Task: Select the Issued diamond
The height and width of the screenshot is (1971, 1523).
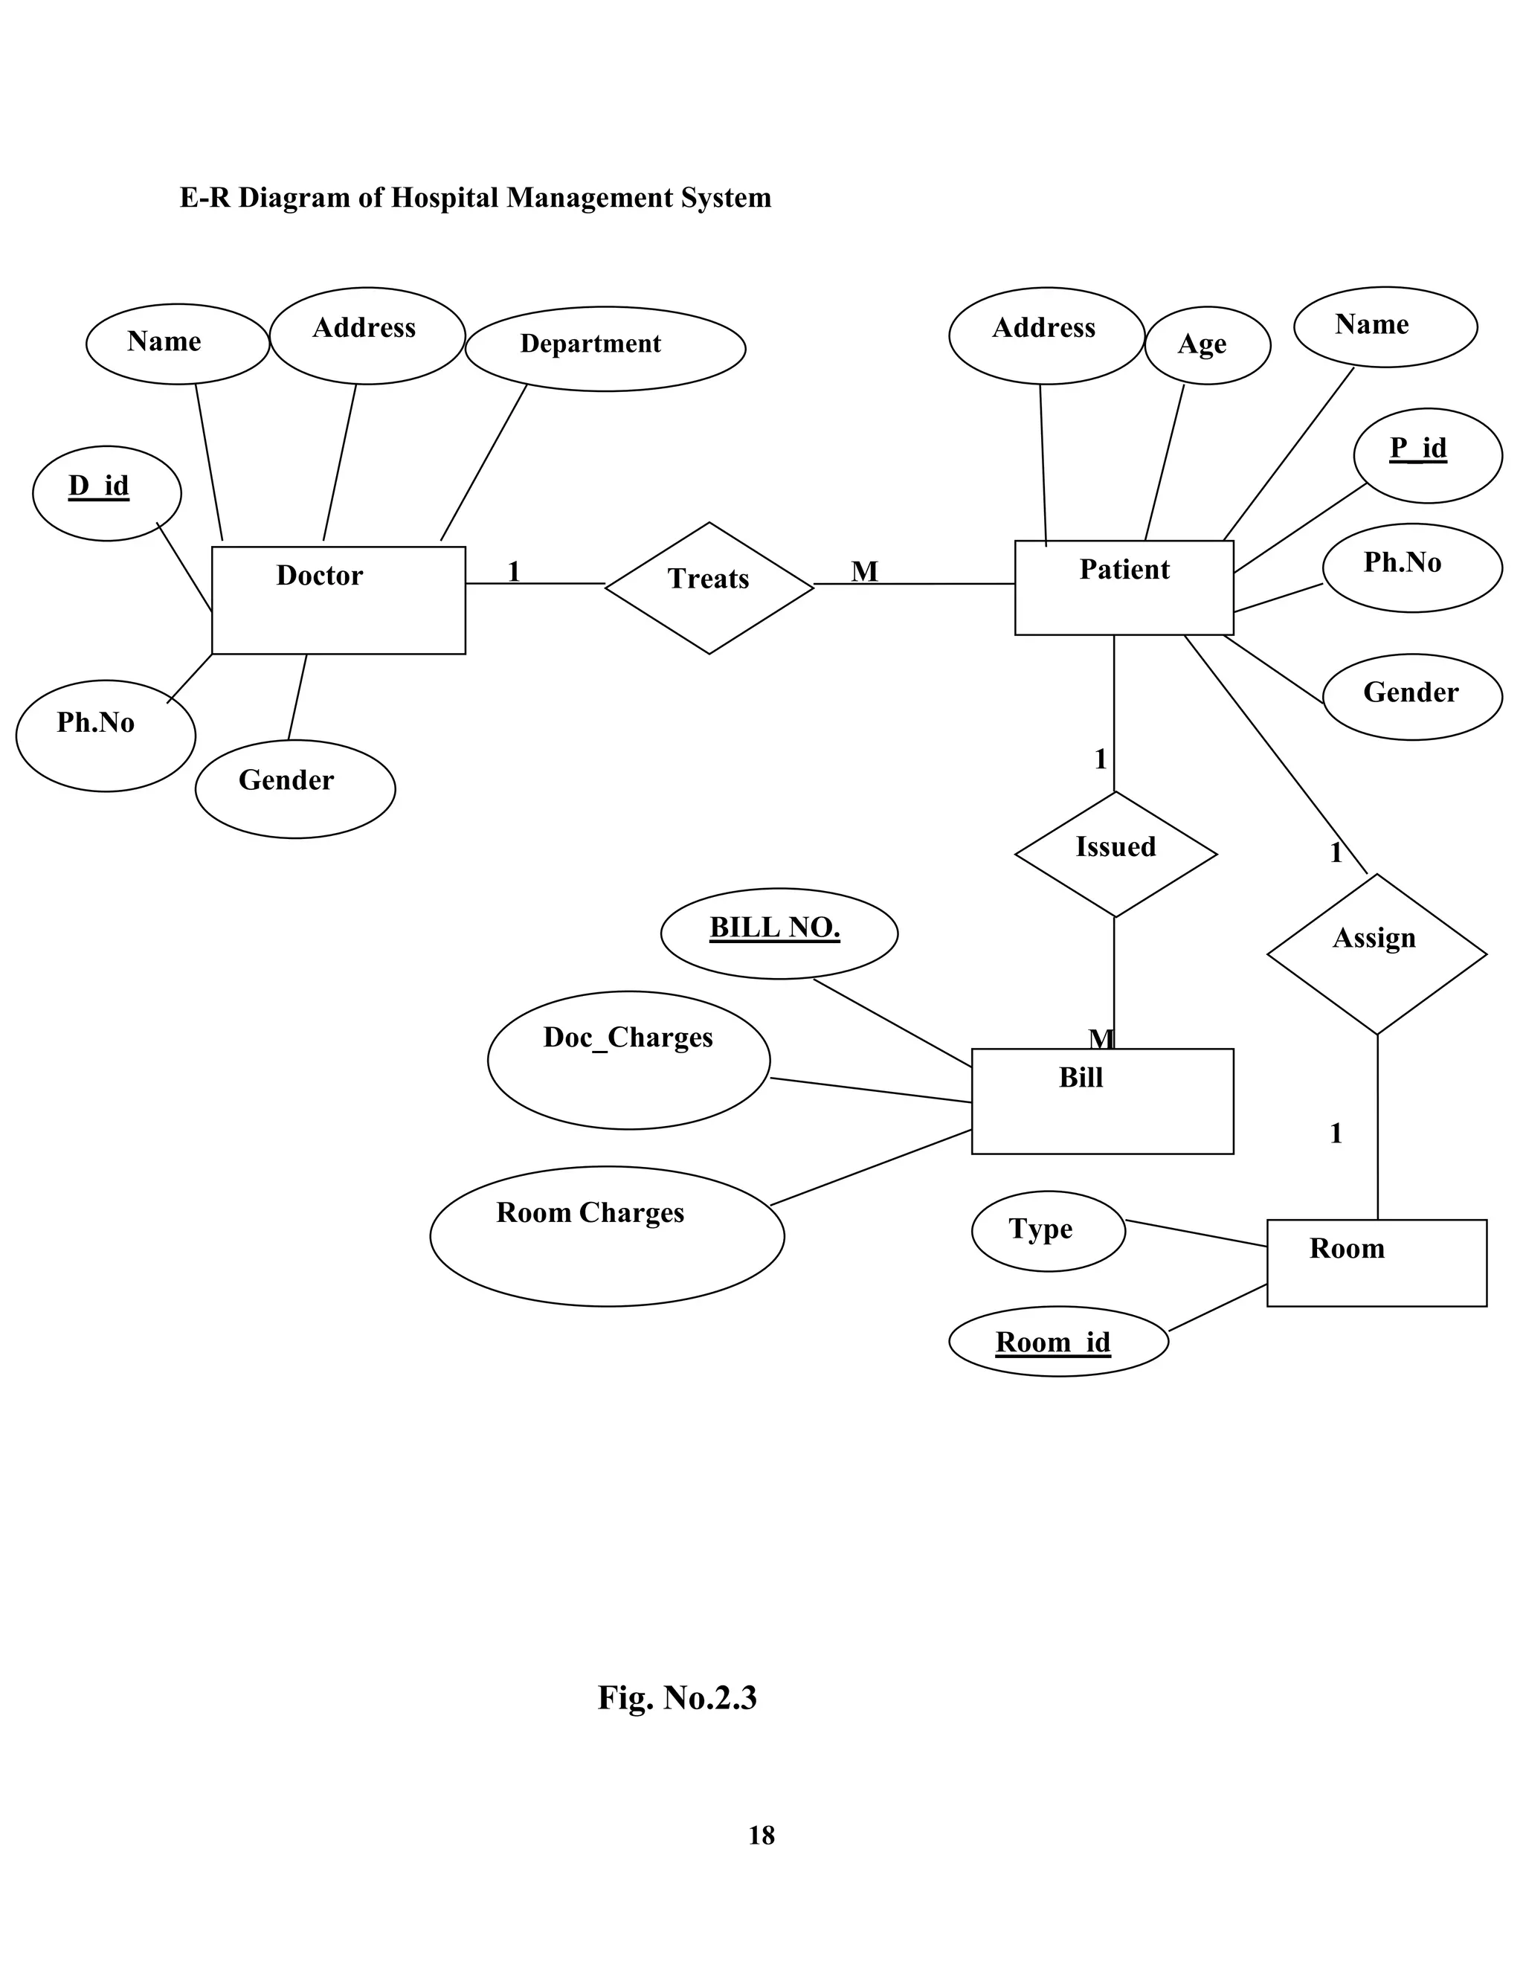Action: click(x=1115, y=853)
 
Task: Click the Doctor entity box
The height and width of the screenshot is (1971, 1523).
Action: click(x=338, y=599)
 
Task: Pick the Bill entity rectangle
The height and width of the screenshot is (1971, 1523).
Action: click(x=1101, y=1100)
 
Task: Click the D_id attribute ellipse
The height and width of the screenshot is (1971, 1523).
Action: click(x=106, y=492)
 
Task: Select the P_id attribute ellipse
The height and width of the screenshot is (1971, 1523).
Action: click(x=1426, y=455)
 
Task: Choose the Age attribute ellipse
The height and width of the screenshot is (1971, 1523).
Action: click(x=1206, y=345)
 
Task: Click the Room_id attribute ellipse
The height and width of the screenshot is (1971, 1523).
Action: click(x=1057, y=1341)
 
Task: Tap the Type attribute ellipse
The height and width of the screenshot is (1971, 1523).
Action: click(x=1048, y=1230)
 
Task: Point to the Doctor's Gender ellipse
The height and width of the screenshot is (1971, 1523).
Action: click(x=294, y=788)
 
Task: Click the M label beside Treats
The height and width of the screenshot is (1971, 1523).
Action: click(x=863, y=571)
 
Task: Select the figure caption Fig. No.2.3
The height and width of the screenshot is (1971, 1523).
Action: click(x=677, y=1697)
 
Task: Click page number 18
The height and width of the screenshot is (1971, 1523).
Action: click(x=761, y=1835)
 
